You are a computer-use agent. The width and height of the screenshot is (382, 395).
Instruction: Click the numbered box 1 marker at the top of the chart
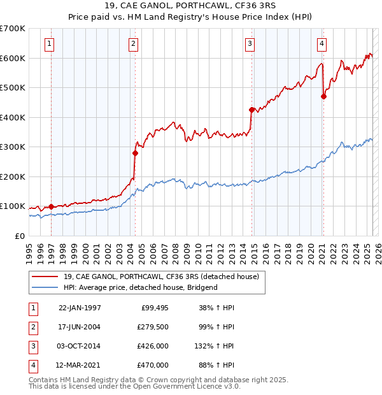tap(50, 44)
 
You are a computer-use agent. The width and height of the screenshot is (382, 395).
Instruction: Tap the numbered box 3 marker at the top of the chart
tap(250, 44)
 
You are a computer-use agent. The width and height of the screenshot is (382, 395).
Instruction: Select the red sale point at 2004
tap(135, 153)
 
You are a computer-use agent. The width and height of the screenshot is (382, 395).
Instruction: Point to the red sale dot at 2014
tap(251, 110)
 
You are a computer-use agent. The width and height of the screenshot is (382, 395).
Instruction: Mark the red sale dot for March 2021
tap(323, 97)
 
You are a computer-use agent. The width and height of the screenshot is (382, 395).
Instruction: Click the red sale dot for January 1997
tap(52, 206)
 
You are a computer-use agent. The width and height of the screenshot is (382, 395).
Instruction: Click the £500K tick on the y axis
tap(13, 88)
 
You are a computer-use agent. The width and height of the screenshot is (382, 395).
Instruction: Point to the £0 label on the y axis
tap(19, 236)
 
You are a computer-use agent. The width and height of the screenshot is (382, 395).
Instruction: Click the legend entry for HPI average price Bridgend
tap(141, 287)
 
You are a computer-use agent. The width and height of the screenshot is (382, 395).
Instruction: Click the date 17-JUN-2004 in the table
tap(80, 327)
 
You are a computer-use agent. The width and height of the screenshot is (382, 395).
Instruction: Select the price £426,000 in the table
tap(153, 346)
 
